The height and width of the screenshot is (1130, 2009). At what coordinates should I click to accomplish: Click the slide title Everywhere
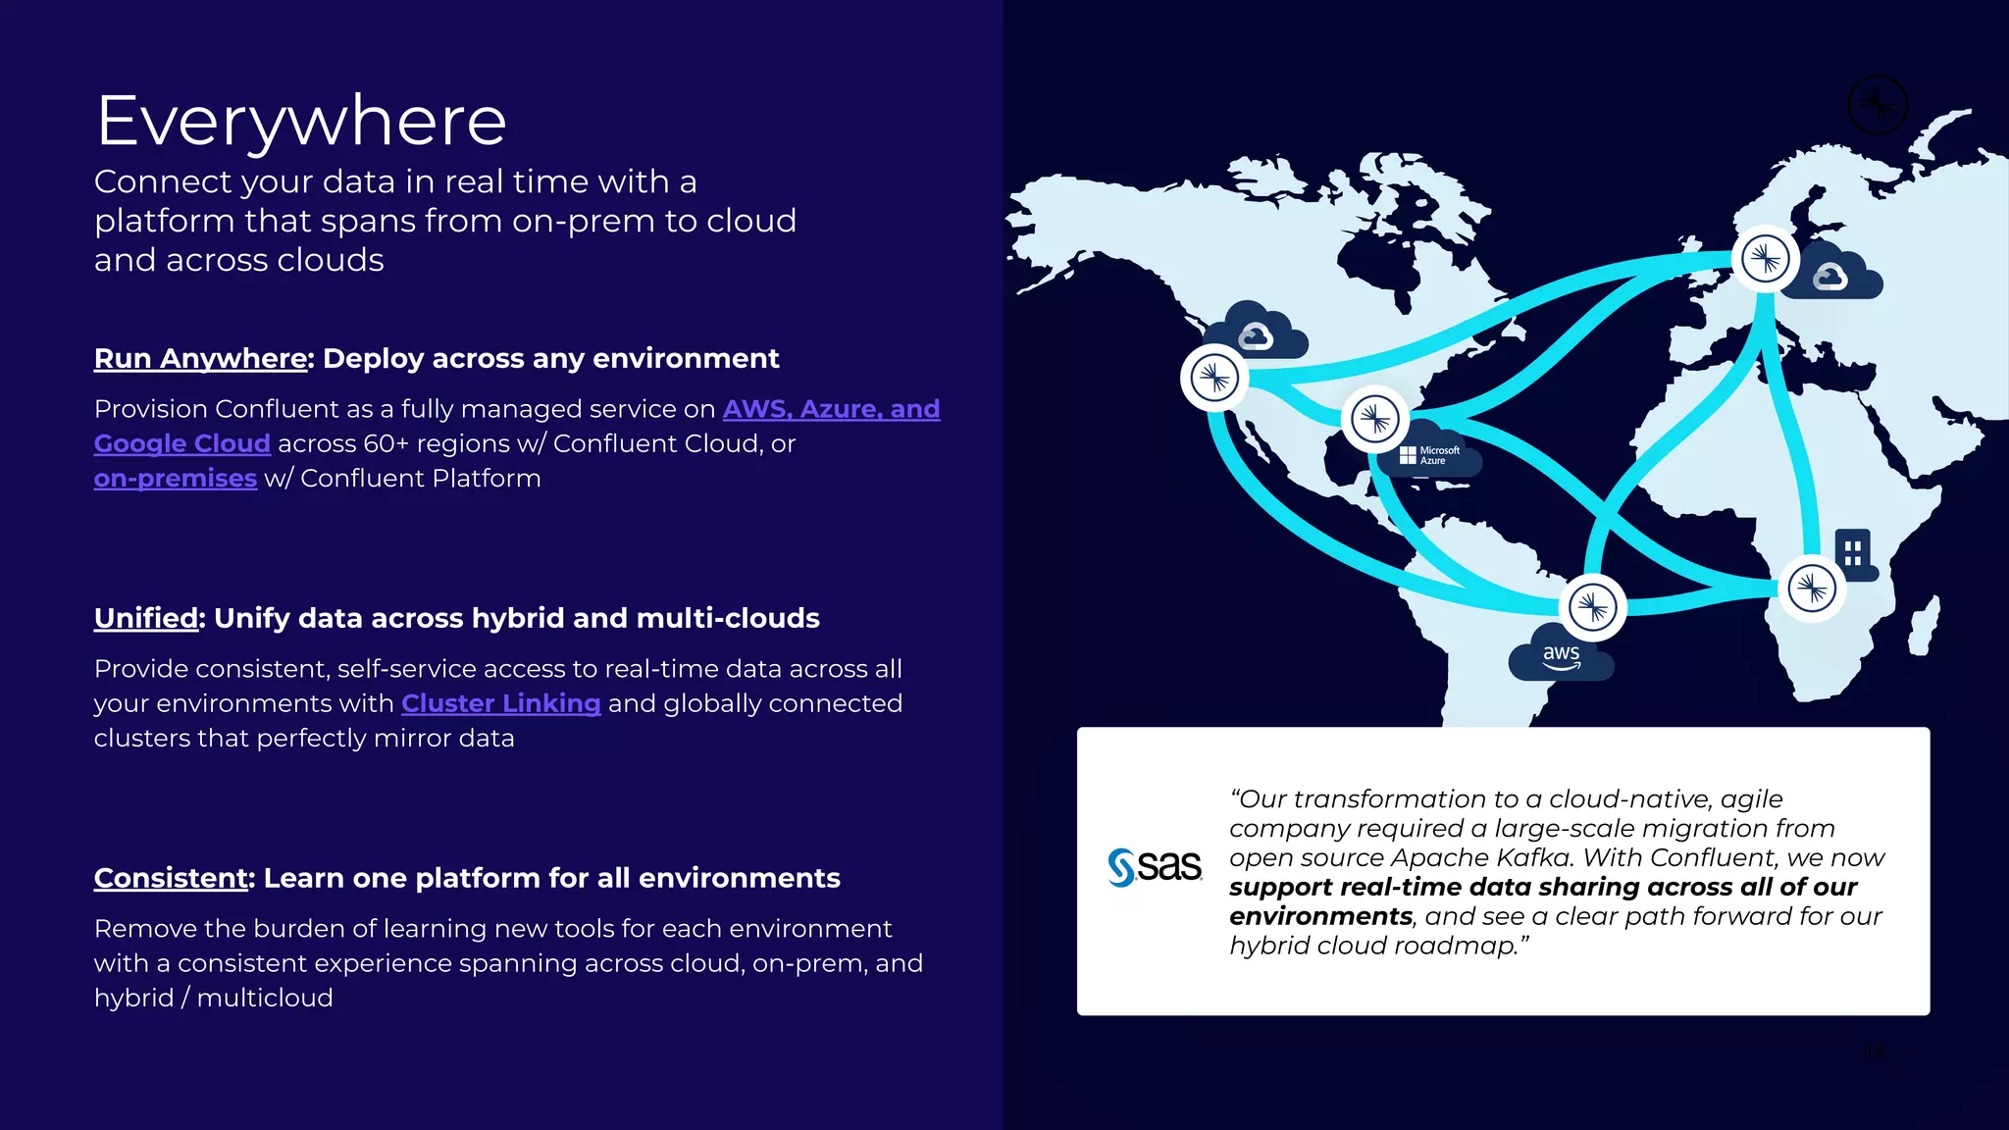(301, 122)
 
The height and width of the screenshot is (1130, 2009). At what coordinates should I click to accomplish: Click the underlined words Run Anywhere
(201, 359)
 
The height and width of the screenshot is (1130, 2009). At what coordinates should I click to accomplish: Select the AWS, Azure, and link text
(831, 409)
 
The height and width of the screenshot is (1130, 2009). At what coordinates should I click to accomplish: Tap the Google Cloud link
(181, 443)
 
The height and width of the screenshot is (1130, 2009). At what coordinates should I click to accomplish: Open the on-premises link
(175, 479)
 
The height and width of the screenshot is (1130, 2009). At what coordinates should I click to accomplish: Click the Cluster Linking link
(500, 703)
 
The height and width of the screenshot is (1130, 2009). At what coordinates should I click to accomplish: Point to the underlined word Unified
(146, 618)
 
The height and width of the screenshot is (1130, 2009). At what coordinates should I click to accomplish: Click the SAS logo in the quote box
(1155, 867)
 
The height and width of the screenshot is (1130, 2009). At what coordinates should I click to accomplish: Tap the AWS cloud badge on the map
(1560, 656)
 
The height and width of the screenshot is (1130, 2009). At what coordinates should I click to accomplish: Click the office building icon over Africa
(1853, 553)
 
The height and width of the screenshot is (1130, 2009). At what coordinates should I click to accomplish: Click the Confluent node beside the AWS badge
(1592, 607)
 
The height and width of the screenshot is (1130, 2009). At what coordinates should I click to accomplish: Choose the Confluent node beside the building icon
(1812, 589)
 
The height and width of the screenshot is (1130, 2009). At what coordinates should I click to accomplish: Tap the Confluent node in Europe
(1765, 259)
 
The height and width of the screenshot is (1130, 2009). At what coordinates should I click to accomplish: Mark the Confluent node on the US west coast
(1214, 378)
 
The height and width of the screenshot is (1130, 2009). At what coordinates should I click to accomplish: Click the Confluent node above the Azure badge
(1374, 419)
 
